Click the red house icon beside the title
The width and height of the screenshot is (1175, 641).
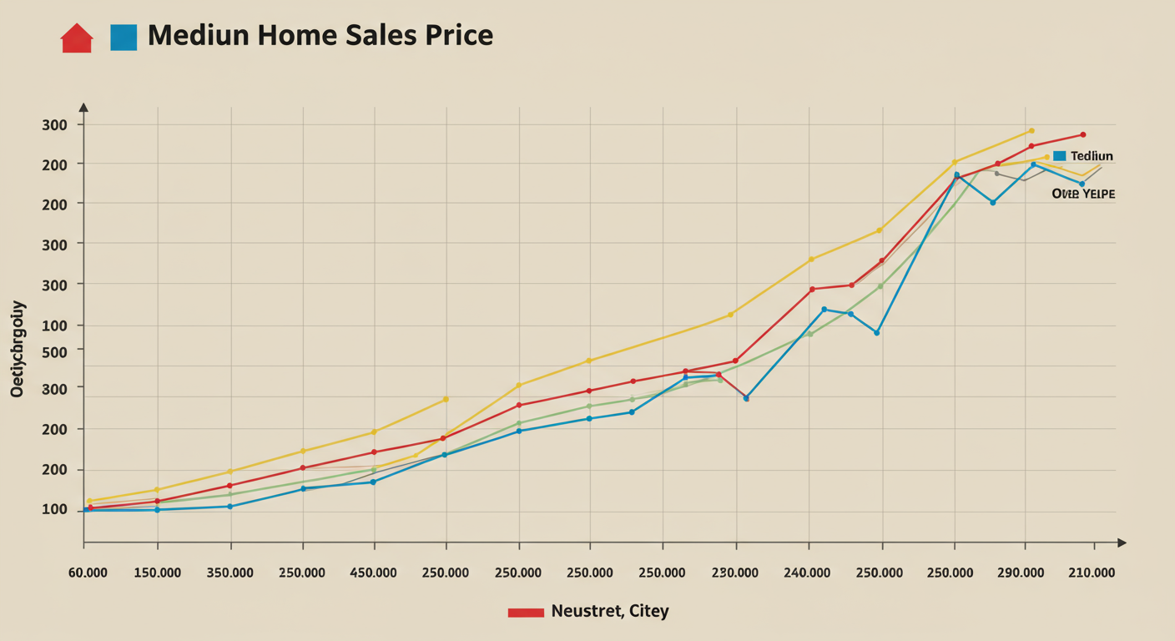[x=77, y=38]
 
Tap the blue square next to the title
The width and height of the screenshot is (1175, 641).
[x=124, y=38]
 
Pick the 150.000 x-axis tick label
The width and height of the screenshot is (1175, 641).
[x=157, y=573]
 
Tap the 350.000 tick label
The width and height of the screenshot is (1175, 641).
[x=229, y=573]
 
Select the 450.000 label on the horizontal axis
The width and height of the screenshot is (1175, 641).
[x=373, y=573]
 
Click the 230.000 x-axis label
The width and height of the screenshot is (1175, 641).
[x=735, y=573]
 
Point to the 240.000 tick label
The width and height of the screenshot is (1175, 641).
[x=808, y=573]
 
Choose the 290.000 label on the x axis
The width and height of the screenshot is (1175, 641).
[x=1021, y=573]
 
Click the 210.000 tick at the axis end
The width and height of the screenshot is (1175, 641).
[x=1092, y=573]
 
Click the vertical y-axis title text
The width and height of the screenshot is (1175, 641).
[x=18, y=349]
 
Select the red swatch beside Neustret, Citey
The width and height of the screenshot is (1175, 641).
[x=526, y=613]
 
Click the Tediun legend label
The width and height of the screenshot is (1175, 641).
[x=1092, y=156]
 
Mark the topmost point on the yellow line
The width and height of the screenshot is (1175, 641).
[x=1031, y=131]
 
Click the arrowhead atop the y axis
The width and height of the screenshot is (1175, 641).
[x=83, y=107]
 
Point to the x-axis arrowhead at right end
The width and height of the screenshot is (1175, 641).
[x=1122, y=543]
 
